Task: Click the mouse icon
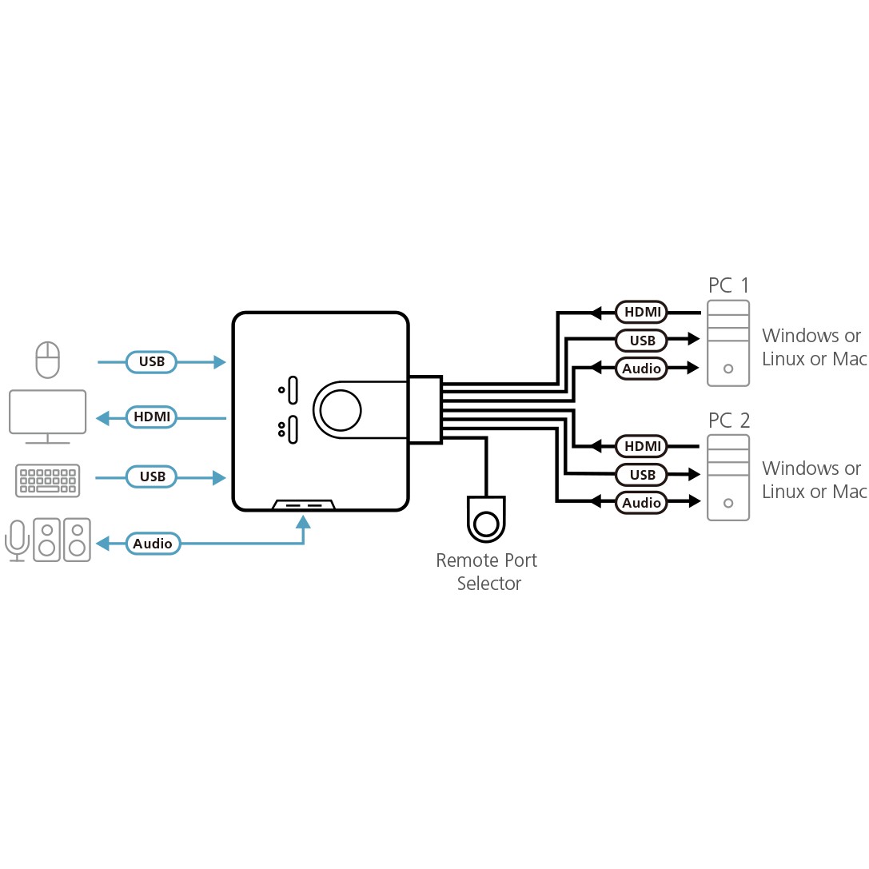tap(48, 360)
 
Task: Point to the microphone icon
tap(17, 539)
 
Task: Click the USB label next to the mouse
tap(152, 362)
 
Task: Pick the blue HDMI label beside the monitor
tap(152, 417)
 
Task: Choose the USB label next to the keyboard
tap(152, 476)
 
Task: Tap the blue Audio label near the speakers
tap(153, 544)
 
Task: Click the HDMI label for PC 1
tap(642, 312)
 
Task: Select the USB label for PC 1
tap(642, 341)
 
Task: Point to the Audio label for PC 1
tap(642, 369)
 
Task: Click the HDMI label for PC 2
tap(642, 446)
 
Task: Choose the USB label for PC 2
tap(642, 475)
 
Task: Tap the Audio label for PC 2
tap(642, 503)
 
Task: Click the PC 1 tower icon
tap(727, 343)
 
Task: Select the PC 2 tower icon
tap(727, 477)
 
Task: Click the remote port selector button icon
tap(486, 524)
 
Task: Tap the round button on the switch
tap(341, 409)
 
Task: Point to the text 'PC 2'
tap(728, 420)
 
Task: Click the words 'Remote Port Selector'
tap(486, 572)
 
